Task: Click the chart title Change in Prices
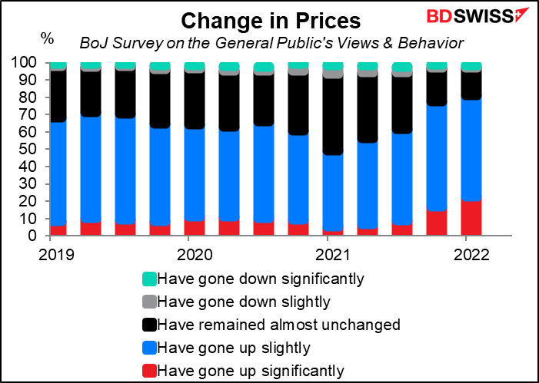pyautogui.click(x=271, y=21)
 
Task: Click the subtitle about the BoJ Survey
pyautogui.click(x=271, y=43)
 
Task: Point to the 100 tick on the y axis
pyautogui.click(x=28, y=63)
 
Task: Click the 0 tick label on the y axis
pyautogui.click(x=40, y=236)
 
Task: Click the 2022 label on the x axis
pyautogui.click(x=471, y=255)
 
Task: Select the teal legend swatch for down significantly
pyautogui.click(x=149, y=279)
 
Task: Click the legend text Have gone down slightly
pyautogui.click(x=244, y=302)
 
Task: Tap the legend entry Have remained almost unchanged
pyautogui.click(x=271, y=325)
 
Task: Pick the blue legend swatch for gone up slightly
pyautogui.click(x=149, y=348)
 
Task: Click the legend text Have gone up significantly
pyautogui.click(x=251, y=371)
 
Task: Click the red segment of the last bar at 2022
pyautogui.click(x=471, y=216)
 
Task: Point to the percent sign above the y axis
pyautogui.click(x=48, y=38)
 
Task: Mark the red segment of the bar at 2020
pyautogui.click(x=195, y=226)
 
